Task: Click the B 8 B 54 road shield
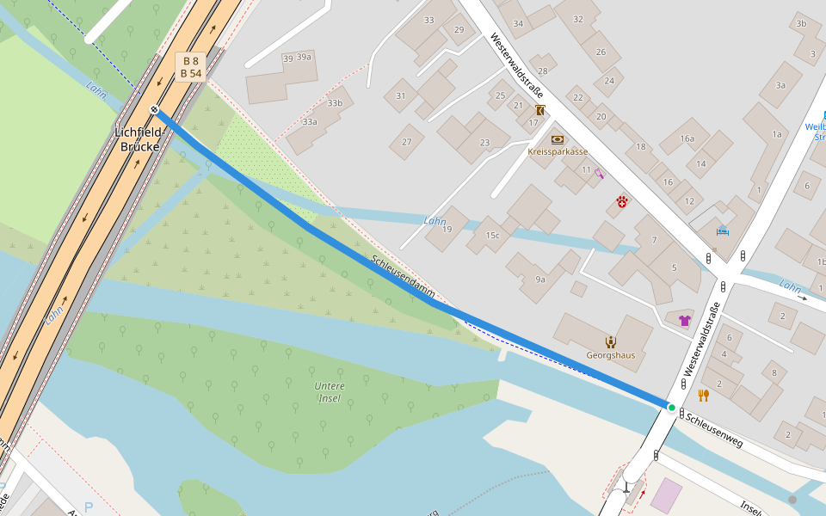coord(190,66)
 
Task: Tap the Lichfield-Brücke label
coord(138,139)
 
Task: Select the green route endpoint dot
coord(671,407)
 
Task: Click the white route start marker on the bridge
coord(153,109)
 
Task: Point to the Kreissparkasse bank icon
coord(558,138)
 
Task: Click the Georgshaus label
coord(610,354)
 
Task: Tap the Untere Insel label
coord(330,391)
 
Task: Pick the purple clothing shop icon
coord(684,320)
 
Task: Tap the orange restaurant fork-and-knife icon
coord(703,396)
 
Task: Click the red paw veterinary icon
coord(622,203)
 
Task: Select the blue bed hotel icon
coord(722,230)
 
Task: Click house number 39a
coord(303,58)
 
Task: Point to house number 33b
coord(335,103)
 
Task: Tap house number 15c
coord(492,235)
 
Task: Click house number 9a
coord(539,279)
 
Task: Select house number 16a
coord(687,138)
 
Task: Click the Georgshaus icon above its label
coord(610,341)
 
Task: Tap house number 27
coord(406,142)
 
